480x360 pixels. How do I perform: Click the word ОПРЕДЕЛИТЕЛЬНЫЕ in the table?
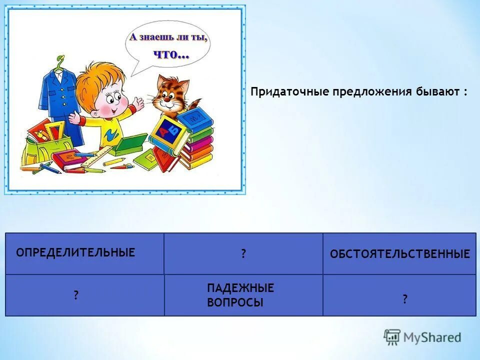(x=75, y=252)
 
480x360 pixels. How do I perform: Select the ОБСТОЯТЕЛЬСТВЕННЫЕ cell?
(x=399, y=254)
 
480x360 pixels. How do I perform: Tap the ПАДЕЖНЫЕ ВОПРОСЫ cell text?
(x=240, y=295)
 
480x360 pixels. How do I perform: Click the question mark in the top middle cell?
(x=243, y=254)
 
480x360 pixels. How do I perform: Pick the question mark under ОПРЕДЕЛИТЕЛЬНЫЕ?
(x=76, y=295)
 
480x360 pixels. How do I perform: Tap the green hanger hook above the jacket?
(x=60, y=62)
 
